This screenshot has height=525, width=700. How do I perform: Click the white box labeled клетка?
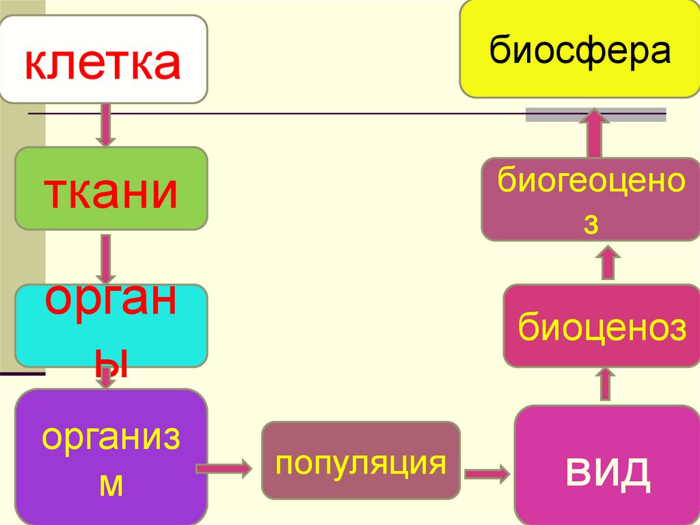pos(104,59)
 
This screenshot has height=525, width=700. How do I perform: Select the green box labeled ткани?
pos(111,188)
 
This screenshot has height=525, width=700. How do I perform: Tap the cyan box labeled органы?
pos(111,326)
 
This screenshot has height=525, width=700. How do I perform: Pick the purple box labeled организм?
pos(111,457)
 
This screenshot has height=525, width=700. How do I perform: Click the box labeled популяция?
pos(361,460)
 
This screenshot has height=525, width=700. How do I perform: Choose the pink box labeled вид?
pos(607,465)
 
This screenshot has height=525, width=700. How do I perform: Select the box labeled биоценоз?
pos(602,326)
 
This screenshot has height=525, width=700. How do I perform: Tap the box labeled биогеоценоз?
pos(591,199)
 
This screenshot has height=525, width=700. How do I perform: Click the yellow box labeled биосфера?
pos(580,49)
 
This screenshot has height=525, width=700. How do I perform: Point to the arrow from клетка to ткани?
pos(106,125)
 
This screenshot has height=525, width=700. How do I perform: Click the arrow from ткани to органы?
pos(106,259)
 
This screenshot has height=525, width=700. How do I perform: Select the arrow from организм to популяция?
pos(224,469)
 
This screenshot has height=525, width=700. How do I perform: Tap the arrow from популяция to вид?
pos(487,474)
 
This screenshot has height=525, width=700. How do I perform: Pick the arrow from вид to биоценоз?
pos(606,384)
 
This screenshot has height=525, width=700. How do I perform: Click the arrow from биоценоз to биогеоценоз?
pos(608,263)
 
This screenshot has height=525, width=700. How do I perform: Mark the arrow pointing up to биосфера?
pos(594,133)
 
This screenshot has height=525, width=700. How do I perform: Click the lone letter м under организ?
pos(111,485)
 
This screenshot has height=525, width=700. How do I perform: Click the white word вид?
pos(607,472)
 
